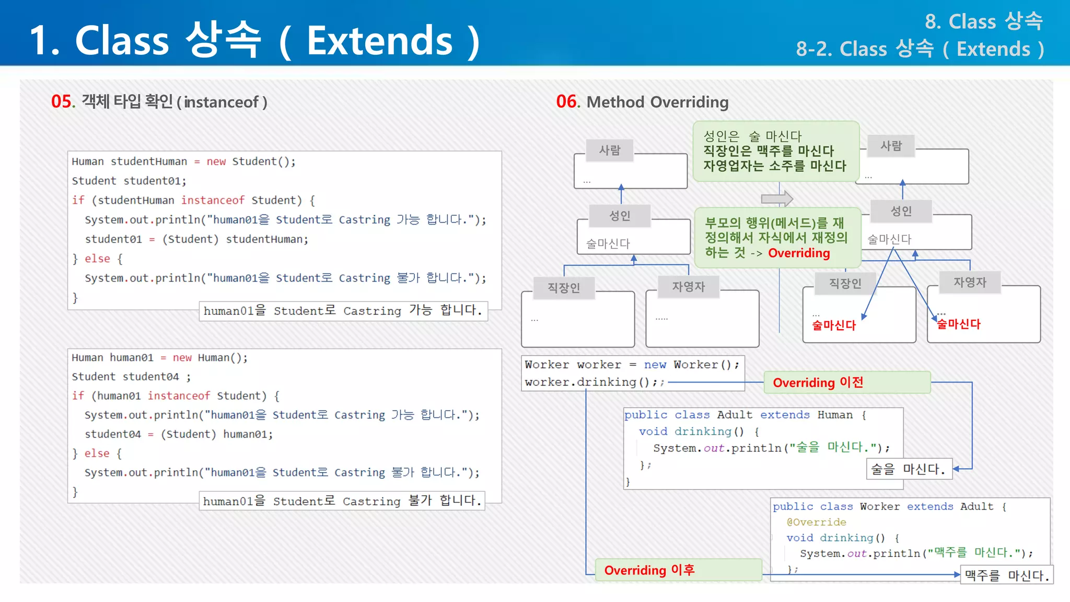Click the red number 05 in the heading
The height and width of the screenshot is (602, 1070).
(x=62, y=101)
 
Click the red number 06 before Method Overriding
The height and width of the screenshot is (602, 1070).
(x=567, y=101)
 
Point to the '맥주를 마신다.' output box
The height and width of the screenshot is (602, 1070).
(x=1006, y=575)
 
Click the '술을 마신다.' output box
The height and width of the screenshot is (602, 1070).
(x=909, y=469)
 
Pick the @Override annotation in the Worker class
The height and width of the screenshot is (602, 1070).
(x=816, y=522)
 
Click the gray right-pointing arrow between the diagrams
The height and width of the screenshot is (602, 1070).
(x=777, y=199)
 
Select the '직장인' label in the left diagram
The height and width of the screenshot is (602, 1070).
(x=564, y=288)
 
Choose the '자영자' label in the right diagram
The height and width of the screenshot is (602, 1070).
(x=970, y=282)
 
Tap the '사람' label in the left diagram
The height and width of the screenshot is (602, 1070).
(x=610, y=150)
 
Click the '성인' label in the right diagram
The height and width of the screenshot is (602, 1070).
(x=901, y=212)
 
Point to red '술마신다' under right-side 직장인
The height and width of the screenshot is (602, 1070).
(x=834, y=325)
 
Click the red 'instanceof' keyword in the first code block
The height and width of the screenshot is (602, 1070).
(x=213, y=200)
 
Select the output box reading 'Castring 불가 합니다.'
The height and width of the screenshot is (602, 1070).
(x=342, y=501)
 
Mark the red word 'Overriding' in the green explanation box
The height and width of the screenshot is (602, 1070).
(x=799, y=253)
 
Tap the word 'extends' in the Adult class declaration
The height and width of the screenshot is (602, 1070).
(x=785, y=415)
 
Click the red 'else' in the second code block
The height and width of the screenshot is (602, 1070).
(x=97, y=453)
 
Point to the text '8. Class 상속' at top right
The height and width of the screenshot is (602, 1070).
(x=983, y=21)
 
